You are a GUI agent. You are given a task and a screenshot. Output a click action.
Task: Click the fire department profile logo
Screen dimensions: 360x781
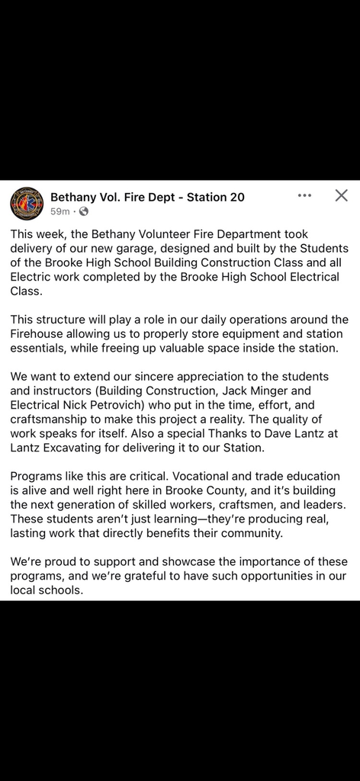[26, 204]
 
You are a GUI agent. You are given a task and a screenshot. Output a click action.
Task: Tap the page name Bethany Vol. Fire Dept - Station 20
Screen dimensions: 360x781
[147, 197]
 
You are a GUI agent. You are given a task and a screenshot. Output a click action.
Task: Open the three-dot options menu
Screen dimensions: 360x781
[305, 195]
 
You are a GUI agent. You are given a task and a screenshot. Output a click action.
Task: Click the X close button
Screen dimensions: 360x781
[342, 195]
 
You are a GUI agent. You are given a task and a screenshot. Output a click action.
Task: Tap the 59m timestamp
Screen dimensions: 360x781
[59, 211]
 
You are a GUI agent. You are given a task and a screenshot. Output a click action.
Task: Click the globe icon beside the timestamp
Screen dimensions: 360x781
[83, 211]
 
